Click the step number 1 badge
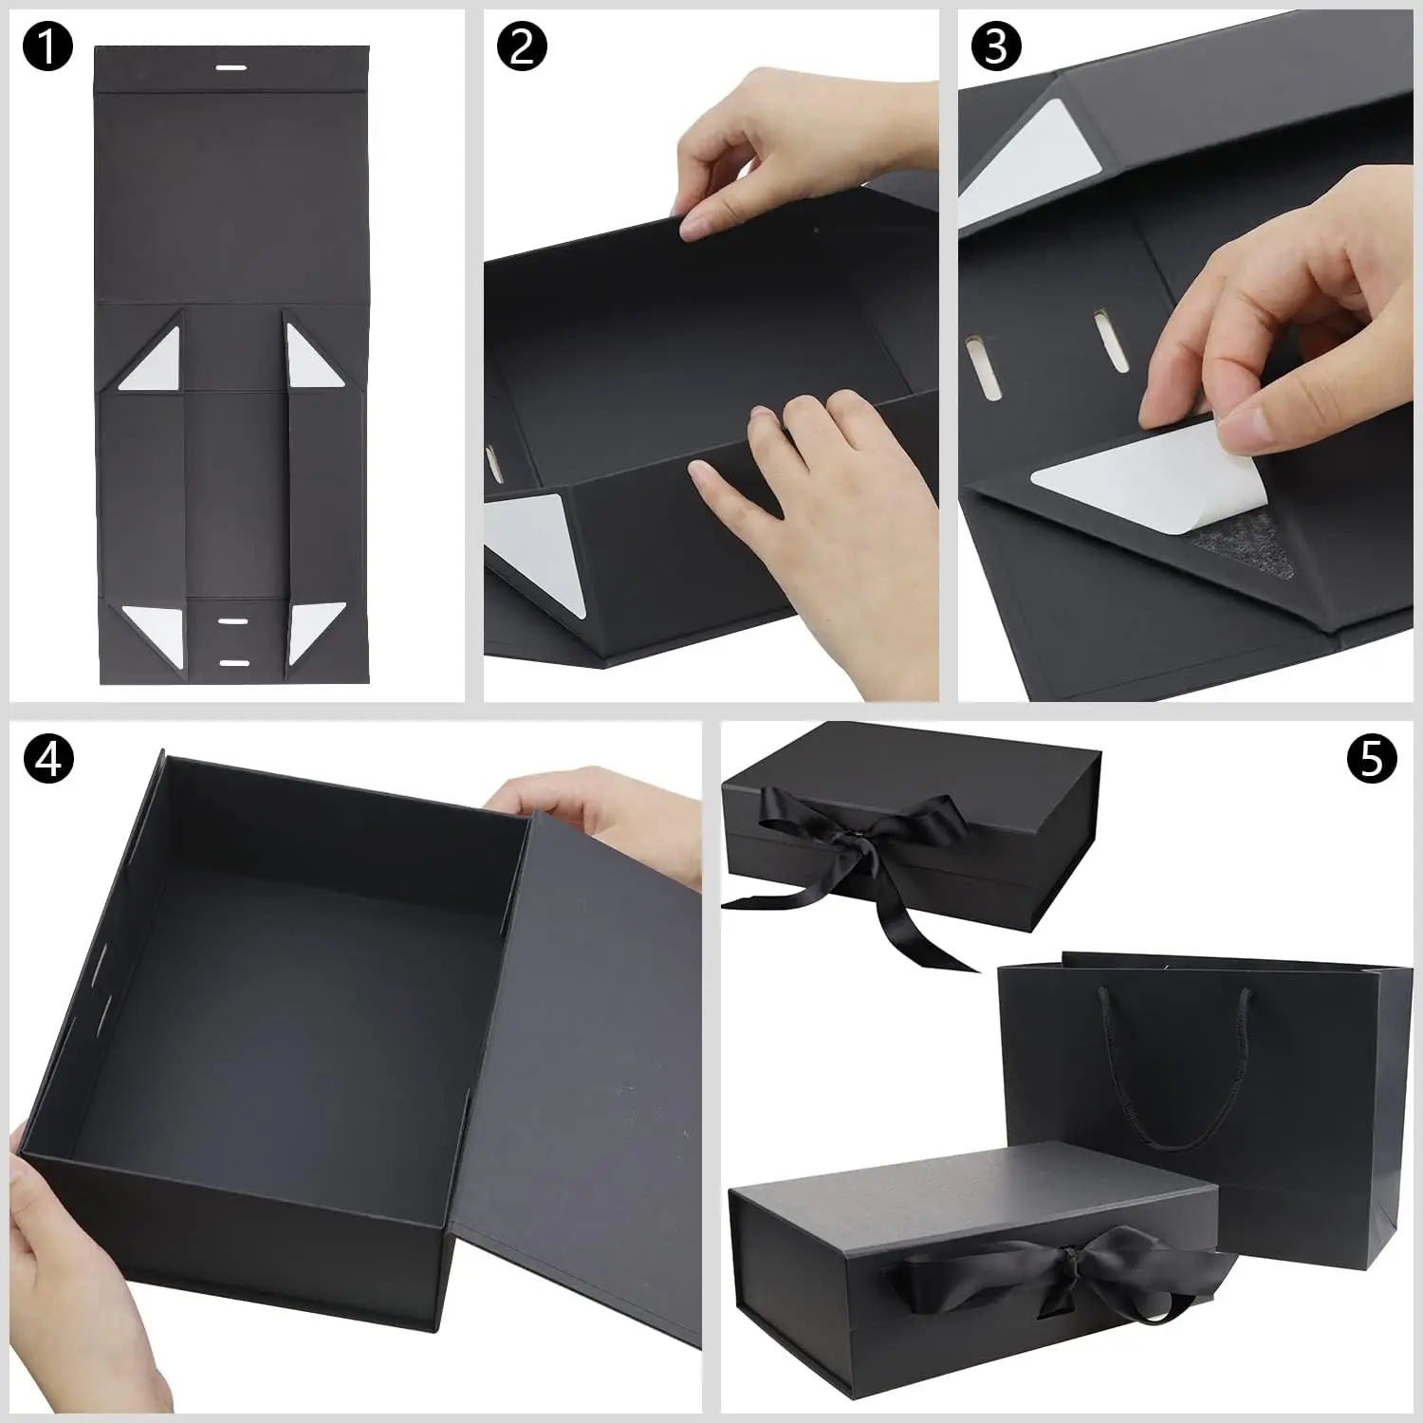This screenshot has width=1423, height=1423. click(46, 47)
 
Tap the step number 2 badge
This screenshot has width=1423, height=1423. click(523, 47)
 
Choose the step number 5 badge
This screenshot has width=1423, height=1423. click(1372, 758)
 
